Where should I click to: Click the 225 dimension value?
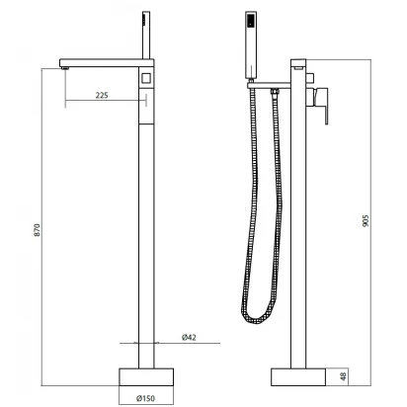pos(102,95)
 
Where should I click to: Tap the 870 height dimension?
pos(38,229)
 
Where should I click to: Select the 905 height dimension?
pos(366,220)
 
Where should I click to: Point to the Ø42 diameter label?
pos(189,337)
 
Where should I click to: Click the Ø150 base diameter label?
pos(145,398)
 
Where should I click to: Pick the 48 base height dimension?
pos(343,376)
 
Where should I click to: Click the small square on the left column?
pos(146,78)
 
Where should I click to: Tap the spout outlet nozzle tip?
pos(65,68)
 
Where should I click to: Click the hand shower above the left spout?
pos(146,36)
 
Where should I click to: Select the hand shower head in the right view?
pos(251,45)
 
